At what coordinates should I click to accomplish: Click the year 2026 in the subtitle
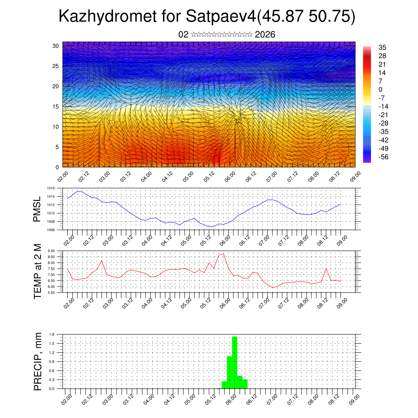pos(265,35)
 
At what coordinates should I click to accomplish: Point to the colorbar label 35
pos(382,48)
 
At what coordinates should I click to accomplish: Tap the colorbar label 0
pos(380,89)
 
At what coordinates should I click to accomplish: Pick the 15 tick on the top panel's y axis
pos(56,107)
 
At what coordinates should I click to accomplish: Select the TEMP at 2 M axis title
pos(38,271)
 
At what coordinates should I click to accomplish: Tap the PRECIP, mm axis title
pos(38,361)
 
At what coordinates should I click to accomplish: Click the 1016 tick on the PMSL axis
pos(51,188)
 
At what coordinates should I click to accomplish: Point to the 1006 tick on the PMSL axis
pos(51,230)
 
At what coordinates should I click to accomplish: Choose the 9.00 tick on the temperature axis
pos(51,251)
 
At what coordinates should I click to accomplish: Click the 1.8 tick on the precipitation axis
pos(52,334)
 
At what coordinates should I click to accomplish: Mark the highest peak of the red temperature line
pos(223,254)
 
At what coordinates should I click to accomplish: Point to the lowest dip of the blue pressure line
pos(209,227)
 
